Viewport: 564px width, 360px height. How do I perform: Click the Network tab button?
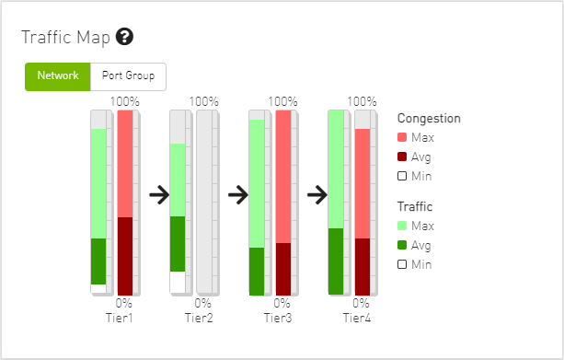point(58,76)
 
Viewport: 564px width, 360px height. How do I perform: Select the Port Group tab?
point(128,76)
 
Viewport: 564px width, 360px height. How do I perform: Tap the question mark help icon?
point(124,37)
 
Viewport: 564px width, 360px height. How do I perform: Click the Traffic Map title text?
point(66,38)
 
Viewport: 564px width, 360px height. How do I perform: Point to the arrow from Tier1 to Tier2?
point(159,195)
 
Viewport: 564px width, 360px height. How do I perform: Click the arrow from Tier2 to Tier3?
point(238,195)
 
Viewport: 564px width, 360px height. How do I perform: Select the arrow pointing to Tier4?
point(317,195)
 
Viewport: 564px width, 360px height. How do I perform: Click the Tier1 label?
point(120,319)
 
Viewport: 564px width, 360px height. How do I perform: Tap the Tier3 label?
point(278,319)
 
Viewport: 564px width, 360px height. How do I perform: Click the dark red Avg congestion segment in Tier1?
point(125,256)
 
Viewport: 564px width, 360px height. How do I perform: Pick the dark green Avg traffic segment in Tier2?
point(178,244)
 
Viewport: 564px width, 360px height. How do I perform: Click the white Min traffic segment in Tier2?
point(178,283)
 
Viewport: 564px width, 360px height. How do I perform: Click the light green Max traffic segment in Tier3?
point(257,183)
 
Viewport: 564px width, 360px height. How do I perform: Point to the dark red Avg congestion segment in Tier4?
point(363,267)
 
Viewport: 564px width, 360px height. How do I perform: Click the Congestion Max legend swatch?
point(402,137)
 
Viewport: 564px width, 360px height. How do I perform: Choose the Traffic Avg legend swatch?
point(402,245)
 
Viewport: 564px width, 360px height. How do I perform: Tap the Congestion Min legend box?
point(402,176)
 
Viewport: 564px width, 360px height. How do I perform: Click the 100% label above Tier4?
point(362,101)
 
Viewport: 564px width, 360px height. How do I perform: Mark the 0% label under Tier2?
point(202,303)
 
